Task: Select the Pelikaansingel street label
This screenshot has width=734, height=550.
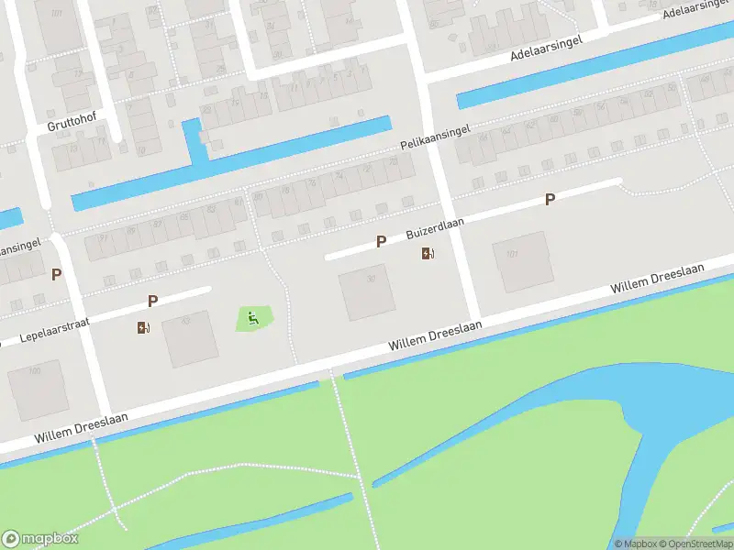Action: (x=435, y=139)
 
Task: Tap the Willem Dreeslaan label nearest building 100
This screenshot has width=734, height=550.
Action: (x=81, y=427)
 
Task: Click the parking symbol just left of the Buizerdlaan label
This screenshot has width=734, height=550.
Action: (x=381, y=241)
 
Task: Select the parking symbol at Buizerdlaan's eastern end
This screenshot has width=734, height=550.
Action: (x=550, y=199)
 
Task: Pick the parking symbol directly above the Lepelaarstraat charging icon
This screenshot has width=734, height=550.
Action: (x=152, y=301)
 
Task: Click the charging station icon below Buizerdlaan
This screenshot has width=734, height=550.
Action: (x=428, y=253)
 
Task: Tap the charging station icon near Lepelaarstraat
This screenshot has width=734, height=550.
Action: (x=143, y=327)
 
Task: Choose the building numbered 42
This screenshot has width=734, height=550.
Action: (x=190, y=337)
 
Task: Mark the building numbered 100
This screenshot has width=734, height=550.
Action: (x=37, y=389)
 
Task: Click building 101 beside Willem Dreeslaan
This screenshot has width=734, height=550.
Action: (x=521, y=260)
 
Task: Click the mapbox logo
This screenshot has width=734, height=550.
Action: (x=40, y=539)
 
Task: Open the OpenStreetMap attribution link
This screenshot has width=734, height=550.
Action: (x=693, y=544)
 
